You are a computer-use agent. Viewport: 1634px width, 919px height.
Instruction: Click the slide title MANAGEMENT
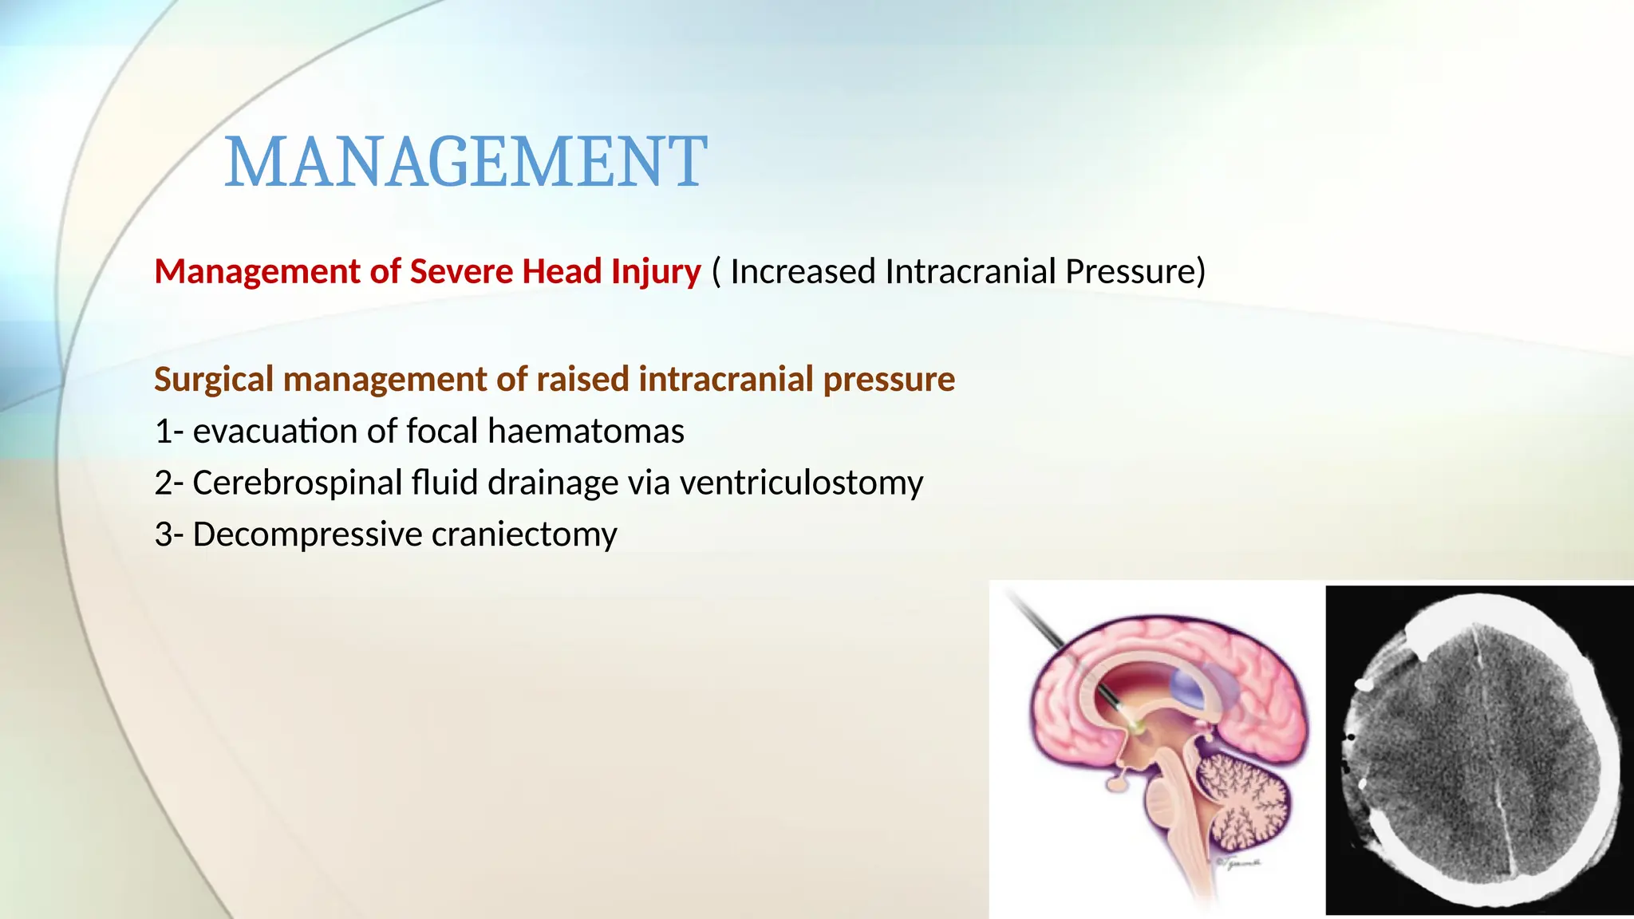point(465,162)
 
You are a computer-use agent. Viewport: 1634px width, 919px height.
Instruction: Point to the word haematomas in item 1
point(586,431)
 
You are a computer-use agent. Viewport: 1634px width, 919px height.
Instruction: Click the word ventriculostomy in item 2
point(801,483)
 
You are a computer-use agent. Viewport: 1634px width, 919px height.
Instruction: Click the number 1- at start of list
point(169,431)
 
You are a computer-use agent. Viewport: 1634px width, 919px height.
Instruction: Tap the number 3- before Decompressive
point(169,534)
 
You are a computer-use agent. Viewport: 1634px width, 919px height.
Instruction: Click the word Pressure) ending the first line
point(1135,271)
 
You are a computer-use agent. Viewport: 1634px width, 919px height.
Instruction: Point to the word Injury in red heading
point(656,271)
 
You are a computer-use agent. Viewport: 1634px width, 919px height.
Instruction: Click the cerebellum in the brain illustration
point(1249,798)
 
